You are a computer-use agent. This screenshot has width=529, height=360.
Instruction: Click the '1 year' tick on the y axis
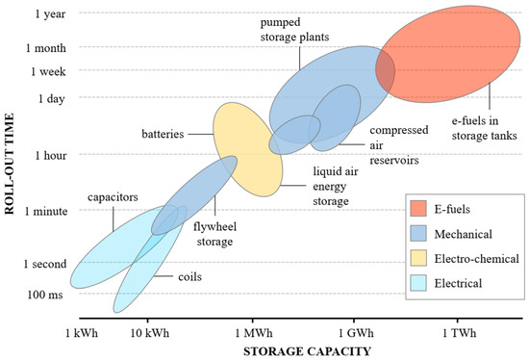click(49, 13)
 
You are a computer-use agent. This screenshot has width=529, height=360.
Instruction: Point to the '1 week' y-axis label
click(48, 71)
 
